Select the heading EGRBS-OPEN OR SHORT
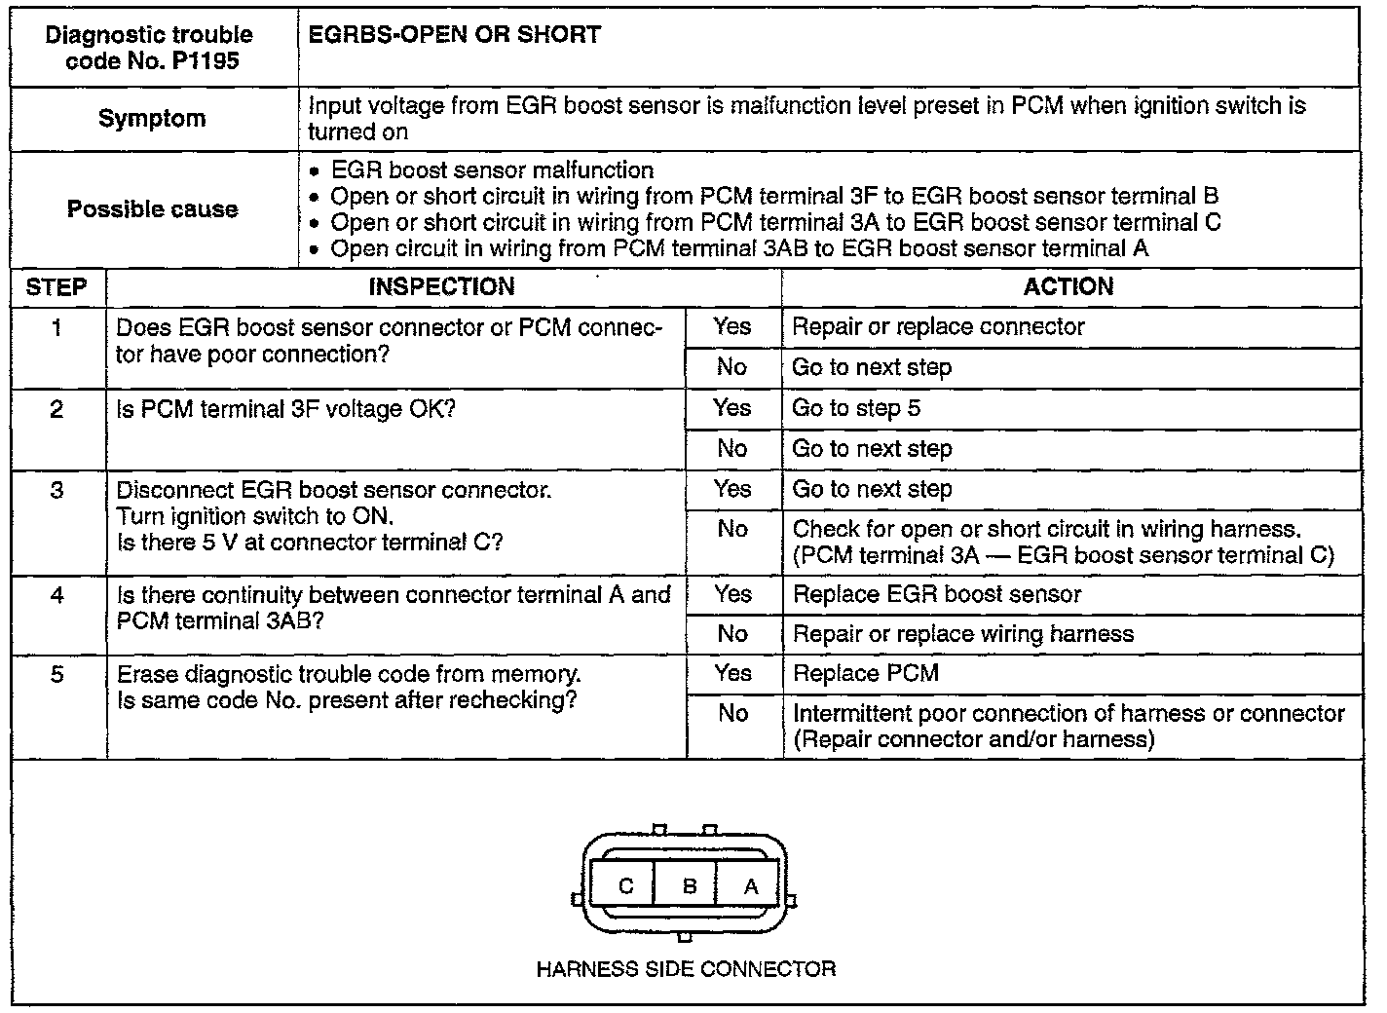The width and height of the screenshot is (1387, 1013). click(454, 36)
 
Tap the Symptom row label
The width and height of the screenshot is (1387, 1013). click(152, 119)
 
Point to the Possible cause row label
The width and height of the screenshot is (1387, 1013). click(152, 209)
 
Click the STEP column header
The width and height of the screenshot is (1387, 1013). click(56, 287)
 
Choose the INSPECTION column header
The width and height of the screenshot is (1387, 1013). click(441, 287)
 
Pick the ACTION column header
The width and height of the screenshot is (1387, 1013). click(1068, 287)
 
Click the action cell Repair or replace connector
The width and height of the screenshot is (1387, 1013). click(938, 327)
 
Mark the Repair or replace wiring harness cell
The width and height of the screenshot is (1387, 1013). click(963, 634)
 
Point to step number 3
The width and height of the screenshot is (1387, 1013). click(56, 490)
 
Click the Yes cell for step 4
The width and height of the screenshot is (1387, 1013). click(732, 594)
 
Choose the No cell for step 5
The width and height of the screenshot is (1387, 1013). click(732, 713)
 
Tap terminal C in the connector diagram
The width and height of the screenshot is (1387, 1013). click(626, 886)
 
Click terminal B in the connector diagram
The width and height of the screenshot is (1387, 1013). click(690, 886)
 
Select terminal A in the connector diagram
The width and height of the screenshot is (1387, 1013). click(750, 886)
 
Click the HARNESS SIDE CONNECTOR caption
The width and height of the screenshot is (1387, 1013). click(686, 969)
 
